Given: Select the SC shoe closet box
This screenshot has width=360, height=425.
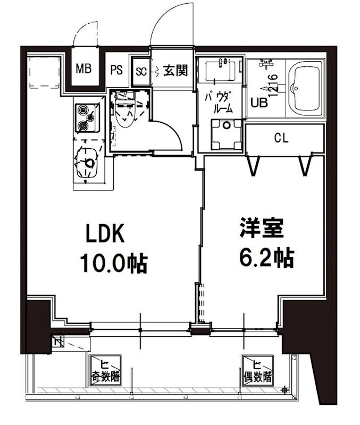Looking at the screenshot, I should pyautogui.click(x=141, y=71).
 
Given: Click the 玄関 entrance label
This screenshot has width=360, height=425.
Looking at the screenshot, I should pyautogui.click(x=175, y=70).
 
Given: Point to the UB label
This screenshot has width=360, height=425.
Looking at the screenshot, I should pyautogui.click(x=259, y=103).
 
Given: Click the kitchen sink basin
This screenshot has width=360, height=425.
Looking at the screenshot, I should pyautogui.click(x=86, y=163).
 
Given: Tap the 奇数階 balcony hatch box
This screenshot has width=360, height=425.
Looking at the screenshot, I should pyautogui.click(x=104, y=369).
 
